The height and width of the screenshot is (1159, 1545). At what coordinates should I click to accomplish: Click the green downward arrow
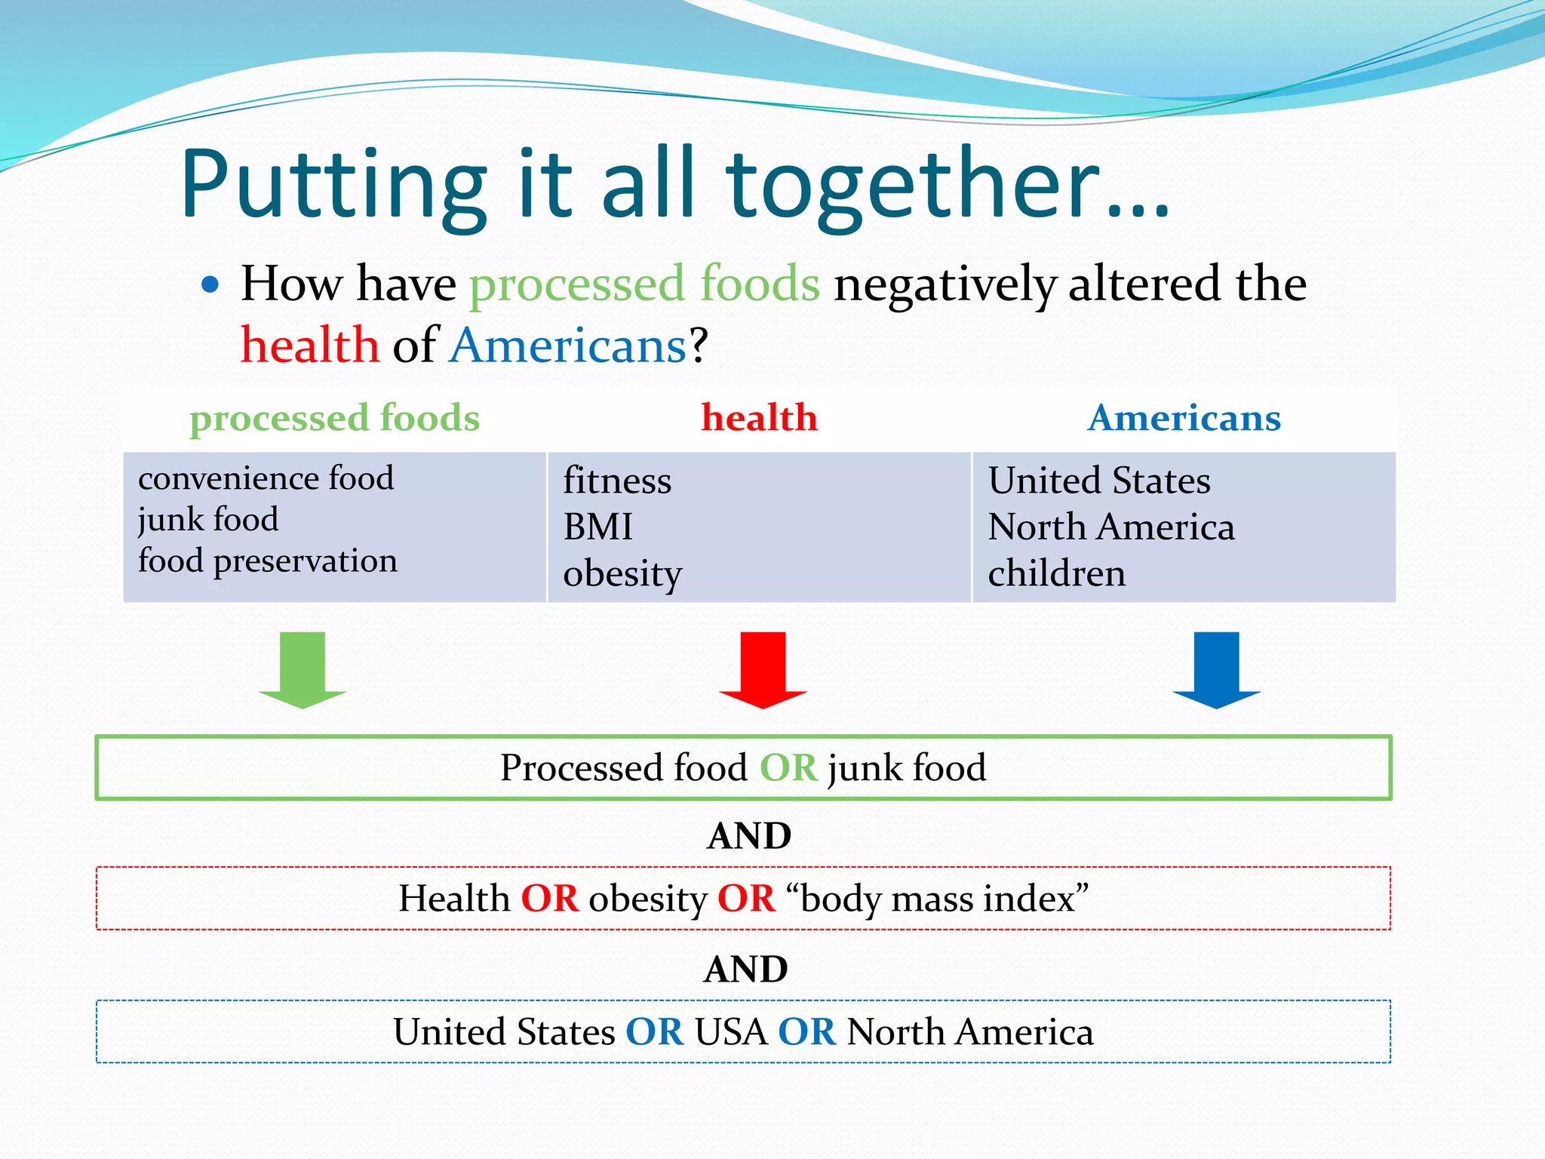tap(303, 669)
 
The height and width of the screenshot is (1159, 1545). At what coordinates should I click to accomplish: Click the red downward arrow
tap(763, 669)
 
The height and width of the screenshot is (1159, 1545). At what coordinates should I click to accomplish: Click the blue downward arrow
tap(1216, 669)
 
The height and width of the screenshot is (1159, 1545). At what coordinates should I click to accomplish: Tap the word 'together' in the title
tap(913, 185)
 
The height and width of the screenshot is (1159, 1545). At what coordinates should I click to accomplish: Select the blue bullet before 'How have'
tap(210, 285)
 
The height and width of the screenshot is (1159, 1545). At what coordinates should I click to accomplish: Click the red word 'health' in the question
tap(310, 346)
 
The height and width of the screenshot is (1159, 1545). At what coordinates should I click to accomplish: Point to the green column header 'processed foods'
tap(334, 418)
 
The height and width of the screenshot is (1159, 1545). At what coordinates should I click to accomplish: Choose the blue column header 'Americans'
tap(1184, 418)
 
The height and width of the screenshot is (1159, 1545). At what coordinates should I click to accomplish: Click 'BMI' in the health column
tap(598, 527)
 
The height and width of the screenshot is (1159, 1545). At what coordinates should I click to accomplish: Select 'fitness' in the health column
tap(617, 481)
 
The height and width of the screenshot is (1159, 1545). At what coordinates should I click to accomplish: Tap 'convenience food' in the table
tap(266, 478)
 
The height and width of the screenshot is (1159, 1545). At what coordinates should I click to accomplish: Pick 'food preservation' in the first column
tap(267, 561)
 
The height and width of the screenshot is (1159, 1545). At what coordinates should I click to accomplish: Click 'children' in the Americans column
tap(1056, 573)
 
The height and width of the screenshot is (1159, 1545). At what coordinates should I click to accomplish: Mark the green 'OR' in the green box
tap(788, 768)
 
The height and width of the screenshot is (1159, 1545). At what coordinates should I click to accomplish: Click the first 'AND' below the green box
tap(749, 836)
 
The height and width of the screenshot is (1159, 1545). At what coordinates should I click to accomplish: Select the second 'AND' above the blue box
tap(746, 969)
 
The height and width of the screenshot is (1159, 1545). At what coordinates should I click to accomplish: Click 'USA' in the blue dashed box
tap(730, 1032)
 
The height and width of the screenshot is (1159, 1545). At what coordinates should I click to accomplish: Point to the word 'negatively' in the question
tap(945, 285)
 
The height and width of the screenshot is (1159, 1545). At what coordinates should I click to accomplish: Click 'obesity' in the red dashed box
tap(647, 899)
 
